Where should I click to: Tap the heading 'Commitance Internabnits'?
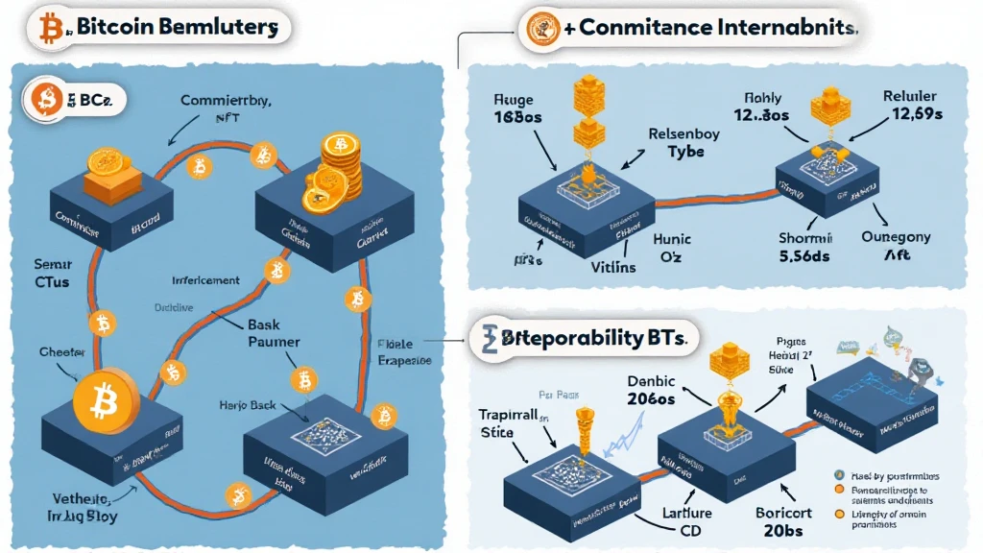(706, 28)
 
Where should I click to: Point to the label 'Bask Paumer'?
(274, 333)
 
